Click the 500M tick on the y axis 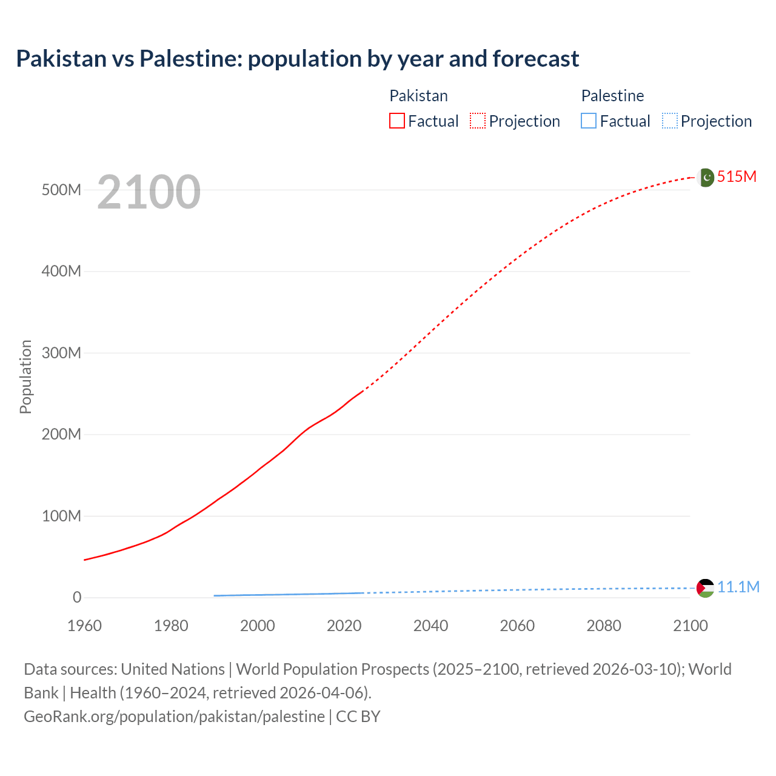point(61,190)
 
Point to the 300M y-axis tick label point(61,353)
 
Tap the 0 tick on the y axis point(77,597)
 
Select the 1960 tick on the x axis point(84,626)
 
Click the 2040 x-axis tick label point(430,626)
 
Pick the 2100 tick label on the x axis point(690,626)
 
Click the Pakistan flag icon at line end point(706,177)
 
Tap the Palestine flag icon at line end point(705,587)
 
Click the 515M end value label point(737,176)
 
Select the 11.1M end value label point(738,587)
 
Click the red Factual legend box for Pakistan point(397,121)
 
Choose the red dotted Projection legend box point(478,121)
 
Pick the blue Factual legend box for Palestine point(589,121)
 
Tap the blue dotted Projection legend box point(670,121)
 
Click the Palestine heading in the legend point(612,96)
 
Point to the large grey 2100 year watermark point(149,192)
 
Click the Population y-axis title point(25,376)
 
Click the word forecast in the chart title point(536,59)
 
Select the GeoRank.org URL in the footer point(174,716)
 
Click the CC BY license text point(358,716)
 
